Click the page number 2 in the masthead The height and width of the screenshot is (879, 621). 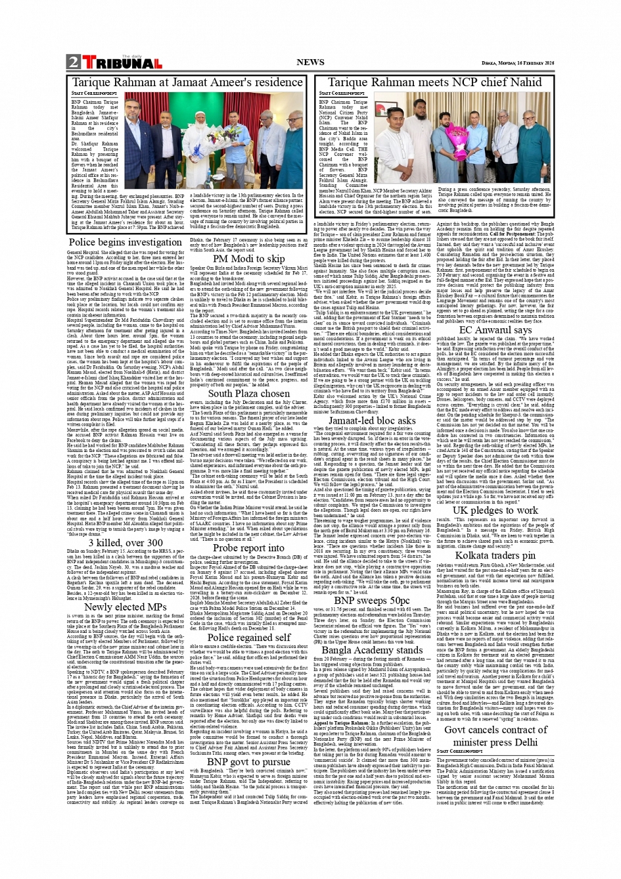(x=73, y=63)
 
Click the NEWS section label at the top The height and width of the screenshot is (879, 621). (x=310, y=63)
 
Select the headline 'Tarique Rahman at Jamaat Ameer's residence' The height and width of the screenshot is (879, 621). (x=187, y=83)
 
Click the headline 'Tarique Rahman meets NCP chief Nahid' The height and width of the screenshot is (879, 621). (x=434, y=83)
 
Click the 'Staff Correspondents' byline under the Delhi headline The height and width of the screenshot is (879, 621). (x=459, y=751)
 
